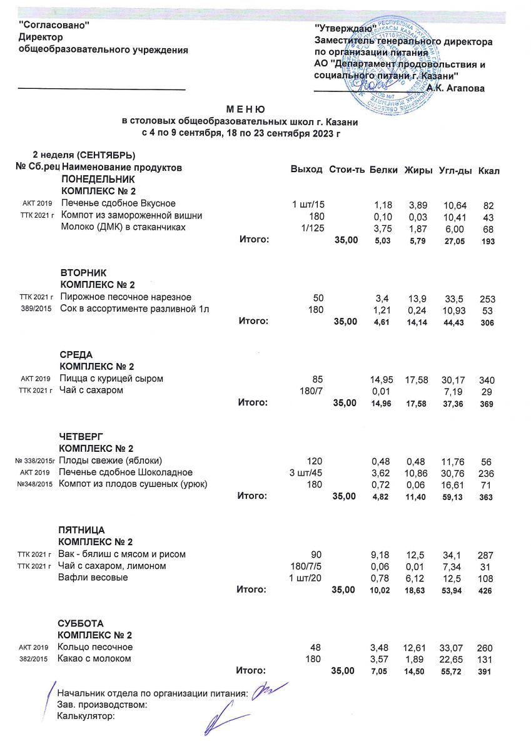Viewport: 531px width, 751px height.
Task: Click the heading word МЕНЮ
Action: [x=245, y=109]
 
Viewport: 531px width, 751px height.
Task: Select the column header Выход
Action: [x=306, y=170]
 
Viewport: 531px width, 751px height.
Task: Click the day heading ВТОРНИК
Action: [x=84, y=273]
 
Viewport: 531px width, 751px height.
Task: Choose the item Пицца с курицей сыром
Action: [x=112, y=379]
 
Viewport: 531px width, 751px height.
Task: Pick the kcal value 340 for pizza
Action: [x=486, y=379]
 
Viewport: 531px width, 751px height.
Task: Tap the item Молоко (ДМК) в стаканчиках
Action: [x=123, y=227]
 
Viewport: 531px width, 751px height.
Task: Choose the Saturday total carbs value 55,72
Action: [x=452, y=671]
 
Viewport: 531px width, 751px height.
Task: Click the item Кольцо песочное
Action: [x=96, y=646]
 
